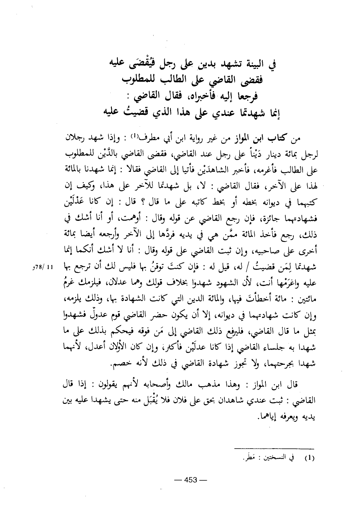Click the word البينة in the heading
point(254,63)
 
